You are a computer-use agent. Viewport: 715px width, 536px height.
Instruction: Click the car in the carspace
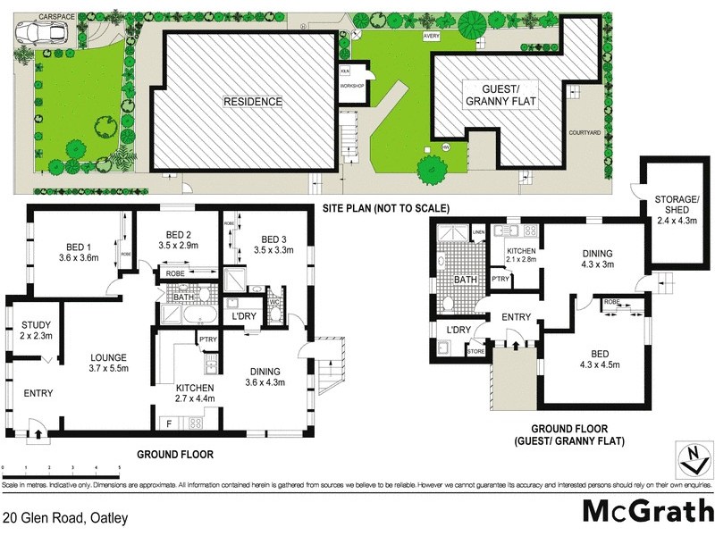(35, 32)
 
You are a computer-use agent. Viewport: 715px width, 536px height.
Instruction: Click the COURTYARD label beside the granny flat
(585, 132)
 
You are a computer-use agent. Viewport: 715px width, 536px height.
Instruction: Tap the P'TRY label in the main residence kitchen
(208, 339)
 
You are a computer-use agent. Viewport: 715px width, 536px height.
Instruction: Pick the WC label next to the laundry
(274, 303)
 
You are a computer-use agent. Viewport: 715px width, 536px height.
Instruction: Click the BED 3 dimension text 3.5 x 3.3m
(272, 251)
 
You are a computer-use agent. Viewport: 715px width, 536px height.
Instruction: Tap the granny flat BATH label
(466, 280)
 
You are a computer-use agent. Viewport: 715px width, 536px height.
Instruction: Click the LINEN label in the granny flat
(478, 233)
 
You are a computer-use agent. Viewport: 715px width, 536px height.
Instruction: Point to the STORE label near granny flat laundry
(475, 351)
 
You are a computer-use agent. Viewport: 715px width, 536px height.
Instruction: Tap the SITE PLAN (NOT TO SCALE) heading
(386, 208)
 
